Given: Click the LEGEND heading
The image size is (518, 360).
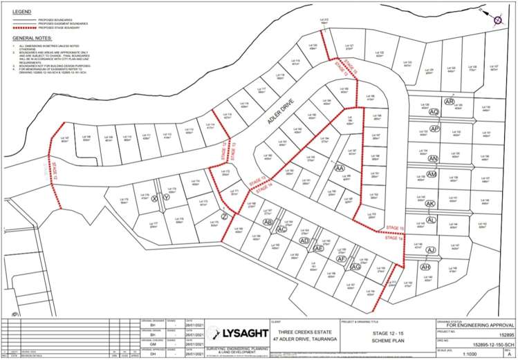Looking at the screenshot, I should (x=21, y=12).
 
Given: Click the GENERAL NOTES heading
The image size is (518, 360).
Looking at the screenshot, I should (x=31, y=39).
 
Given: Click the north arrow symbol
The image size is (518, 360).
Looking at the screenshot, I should (x=497, y=21).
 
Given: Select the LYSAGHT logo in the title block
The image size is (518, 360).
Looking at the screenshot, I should (x=241, y=334).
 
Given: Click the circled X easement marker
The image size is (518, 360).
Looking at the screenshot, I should (x=155, y=198).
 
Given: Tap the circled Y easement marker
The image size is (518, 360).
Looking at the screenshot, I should (x=166, y=197).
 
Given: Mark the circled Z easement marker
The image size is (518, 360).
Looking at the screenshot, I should (x=224, y=216).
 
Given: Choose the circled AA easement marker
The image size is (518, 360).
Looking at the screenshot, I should (x=339, y=168).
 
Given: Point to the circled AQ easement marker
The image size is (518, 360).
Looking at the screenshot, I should (x=434, y=111).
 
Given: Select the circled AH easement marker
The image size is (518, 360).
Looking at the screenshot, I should (x=425, y=267).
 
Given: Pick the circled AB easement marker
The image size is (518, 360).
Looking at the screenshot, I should (x=267, y=222).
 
